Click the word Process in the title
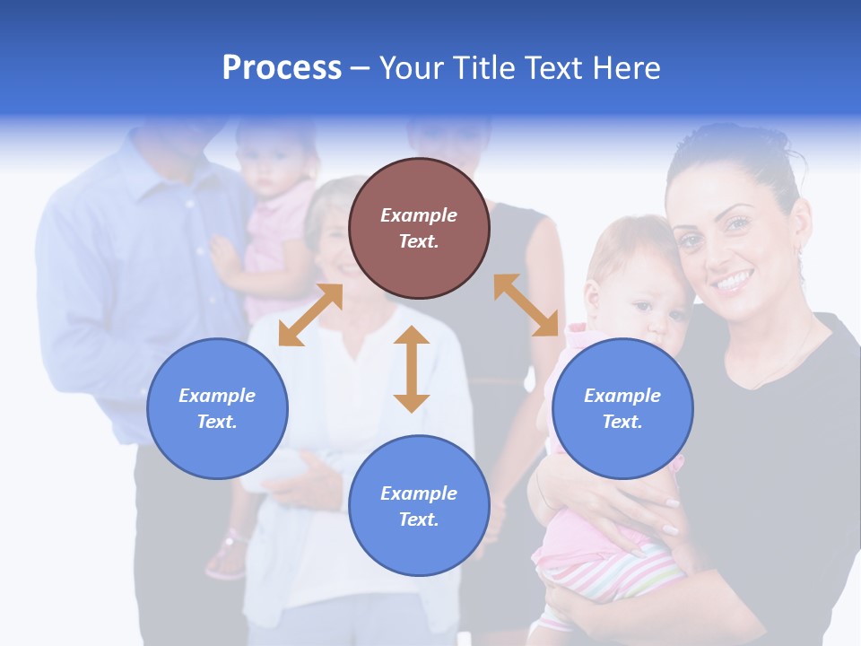coord(282,68)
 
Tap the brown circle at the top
coord(419,228)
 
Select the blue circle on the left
coord(217,408)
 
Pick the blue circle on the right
coord(622,408)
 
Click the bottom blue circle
coord(419,505)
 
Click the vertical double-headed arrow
coord(412,369)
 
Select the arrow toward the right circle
coord(526,305)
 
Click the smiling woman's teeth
coord(733,283)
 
